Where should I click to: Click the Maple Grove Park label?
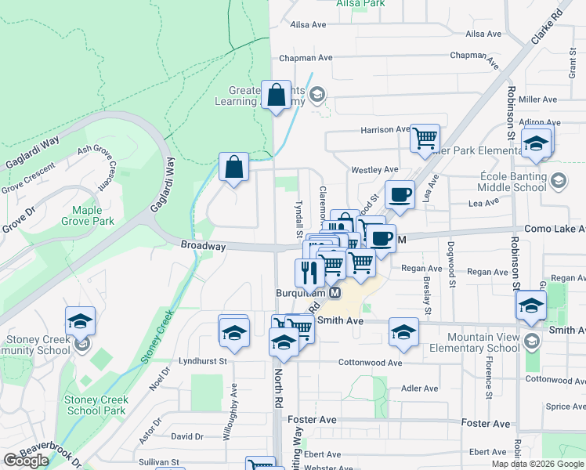93,215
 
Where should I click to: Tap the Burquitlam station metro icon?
335,292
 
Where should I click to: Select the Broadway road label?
204,246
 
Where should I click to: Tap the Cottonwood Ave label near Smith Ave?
370,363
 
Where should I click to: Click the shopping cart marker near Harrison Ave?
425,138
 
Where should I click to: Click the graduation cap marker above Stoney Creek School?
80,320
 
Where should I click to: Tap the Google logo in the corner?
26,461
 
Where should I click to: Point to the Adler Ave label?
419,389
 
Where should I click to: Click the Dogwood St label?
452,264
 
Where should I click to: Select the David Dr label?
187,436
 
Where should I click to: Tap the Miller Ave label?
537,99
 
